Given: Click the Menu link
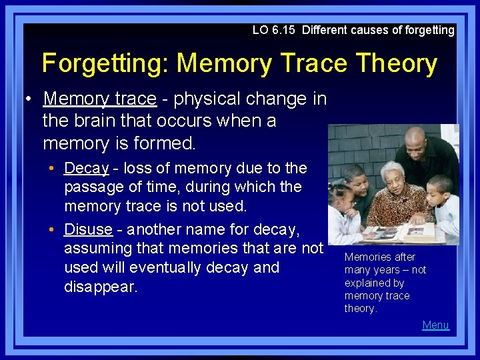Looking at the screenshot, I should coord(435,325).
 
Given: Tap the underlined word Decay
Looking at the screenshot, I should coord(87,168).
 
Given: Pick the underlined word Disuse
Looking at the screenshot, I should coord(88,229).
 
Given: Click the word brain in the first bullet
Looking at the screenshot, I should coord(93,121).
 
